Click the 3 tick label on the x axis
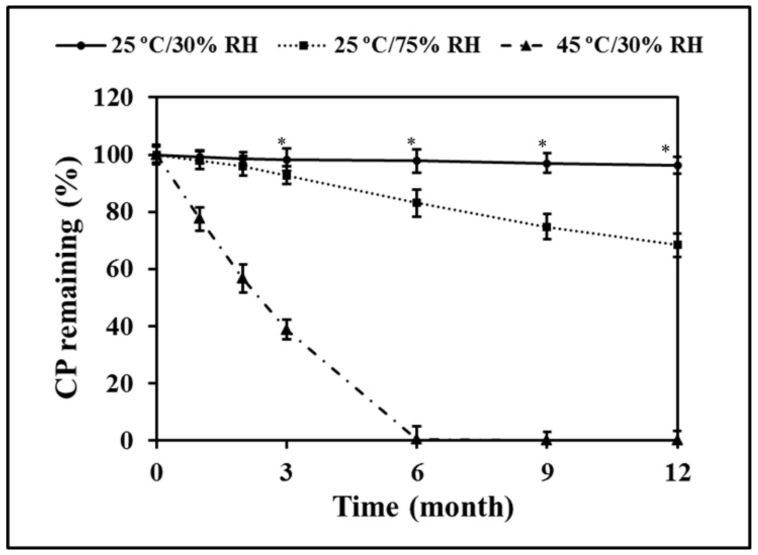coord(286,473)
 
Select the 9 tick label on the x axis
coord(547,473)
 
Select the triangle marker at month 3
coord(287,330)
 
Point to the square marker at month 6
coord(417,203)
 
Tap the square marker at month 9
coord(547,227)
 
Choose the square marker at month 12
coord(677,245)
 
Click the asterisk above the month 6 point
coord(411,142)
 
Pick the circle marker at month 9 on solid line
coord(547,164)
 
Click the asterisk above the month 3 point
coord(282,142)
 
